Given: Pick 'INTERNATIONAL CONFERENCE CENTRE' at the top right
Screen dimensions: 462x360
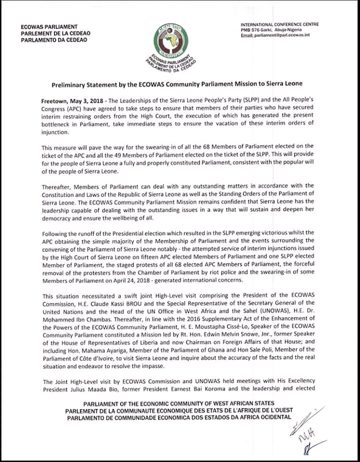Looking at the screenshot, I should pyautogui.click(x=279, y=24).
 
